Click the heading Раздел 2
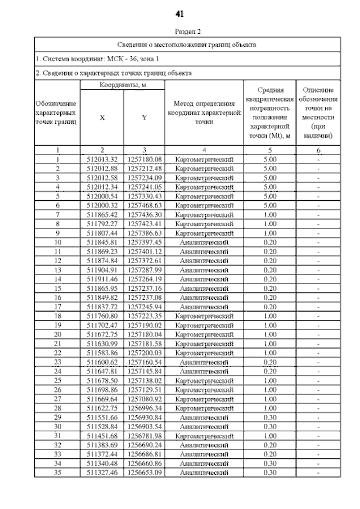180,31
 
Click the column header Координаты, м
122,84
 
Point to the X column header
102,118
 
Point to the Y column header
145,118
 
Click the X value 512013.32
102,159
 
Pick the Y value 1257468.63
145,205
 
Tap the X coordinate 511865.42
102,214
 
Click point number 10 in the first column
57,242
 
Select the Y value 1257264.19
145,278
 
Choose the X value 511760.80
102,316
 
